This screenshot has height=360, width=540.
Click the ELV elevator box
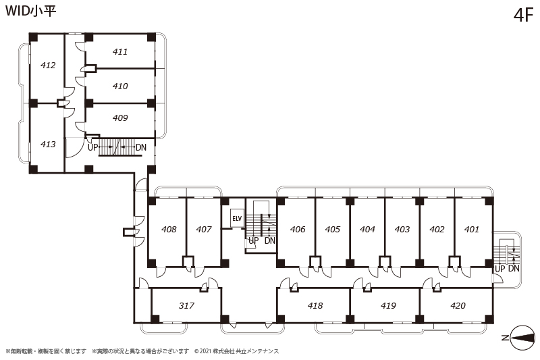[x=237, y=218]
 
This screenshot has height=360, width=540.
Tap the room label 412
[x=48, y=65]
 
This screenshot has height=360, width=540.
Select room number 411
[x=120, y=52]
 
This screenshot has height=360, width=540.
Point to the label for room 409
[x=120, y=118]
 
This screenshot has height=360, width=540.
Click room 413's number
[x=48, y=144]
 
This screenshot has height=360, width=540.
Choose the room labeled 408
[x=169, y=229]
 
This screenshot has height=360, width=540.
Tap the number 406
[x=298, y=229]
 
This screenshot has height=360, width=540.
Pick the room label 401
[x=471, y=229]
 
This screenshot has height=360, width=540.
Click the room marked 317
[x=186, y=305]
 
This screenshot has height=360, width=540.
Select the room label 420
[x=458, y=305]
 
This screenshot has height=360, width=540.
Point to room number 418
[x=315, y=305]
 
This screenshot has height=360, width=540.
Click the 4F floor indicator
[x=523, y=15]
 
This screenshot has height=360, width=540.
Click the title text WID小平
[x=30, y=11]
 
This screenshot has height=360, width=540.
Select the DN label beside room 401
[x=514, y=268]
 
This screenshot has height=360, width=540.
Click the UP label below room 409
[x=93, y=147]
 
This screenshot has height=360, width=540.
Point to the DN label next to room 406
[x=270, y=240]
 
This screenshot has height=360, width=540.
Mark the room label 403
[x=402, y=229]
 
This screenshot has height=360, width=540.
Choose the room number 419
[x=388, y=305]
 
